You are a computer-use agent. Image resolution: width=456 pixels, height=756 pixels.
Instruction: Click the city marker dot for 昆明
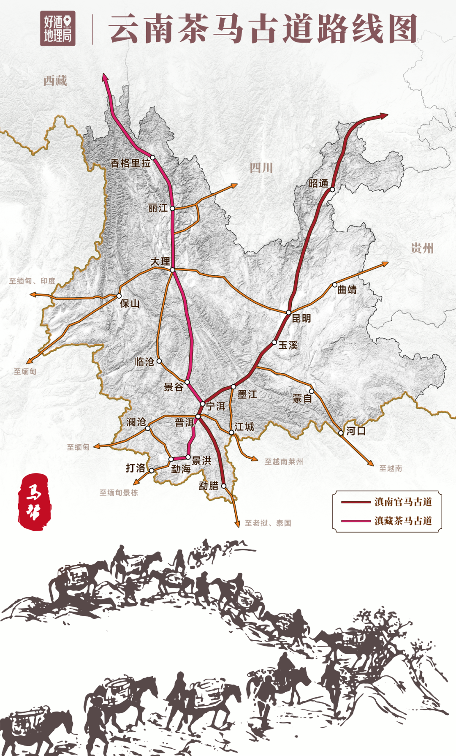289,313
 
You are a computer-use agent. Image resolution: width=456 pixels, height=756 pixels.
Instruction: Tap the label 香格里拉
130,163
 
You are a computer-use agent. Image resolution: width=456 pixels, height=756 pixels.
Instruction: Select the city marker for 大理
172,269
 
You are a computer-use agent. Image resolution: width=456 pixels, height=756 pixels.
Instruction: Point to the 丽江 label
157,208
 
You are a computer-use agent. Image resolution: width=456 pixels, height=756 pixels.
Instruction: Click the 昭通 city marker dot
332,190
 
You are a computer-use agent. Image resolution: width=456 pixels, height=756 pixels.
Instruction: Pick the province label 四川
261,168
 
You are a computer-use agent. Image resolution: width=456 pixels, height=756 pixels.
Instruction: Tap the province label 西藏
55,80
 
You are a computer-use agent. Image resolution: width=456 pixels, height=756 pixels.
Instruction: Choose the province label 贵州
422,248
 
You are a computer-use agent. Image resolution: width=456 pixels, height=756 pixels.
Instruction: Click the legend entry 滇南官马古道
403,502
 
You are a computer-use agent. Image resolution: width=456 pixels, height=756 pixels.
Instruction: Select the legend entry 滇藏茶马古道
403,521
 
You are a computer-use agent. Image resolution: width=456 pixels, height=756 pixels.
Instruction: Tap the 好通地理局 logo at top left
58,28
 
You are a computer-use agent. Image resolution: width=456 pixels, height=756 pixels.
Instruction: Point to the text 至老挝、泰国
268,523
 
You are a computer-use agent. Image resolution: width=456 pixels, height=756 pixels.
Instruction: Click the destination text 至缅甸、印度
33,281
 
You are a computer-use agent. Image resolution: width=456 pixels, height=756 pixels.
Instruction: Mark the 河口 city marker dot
341,433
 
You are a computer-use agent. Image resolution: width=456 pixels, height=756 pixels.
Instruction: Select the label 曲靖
347,289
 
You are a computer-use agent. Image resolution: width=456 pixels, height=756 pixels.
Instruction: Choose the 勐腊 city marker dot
224,486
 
